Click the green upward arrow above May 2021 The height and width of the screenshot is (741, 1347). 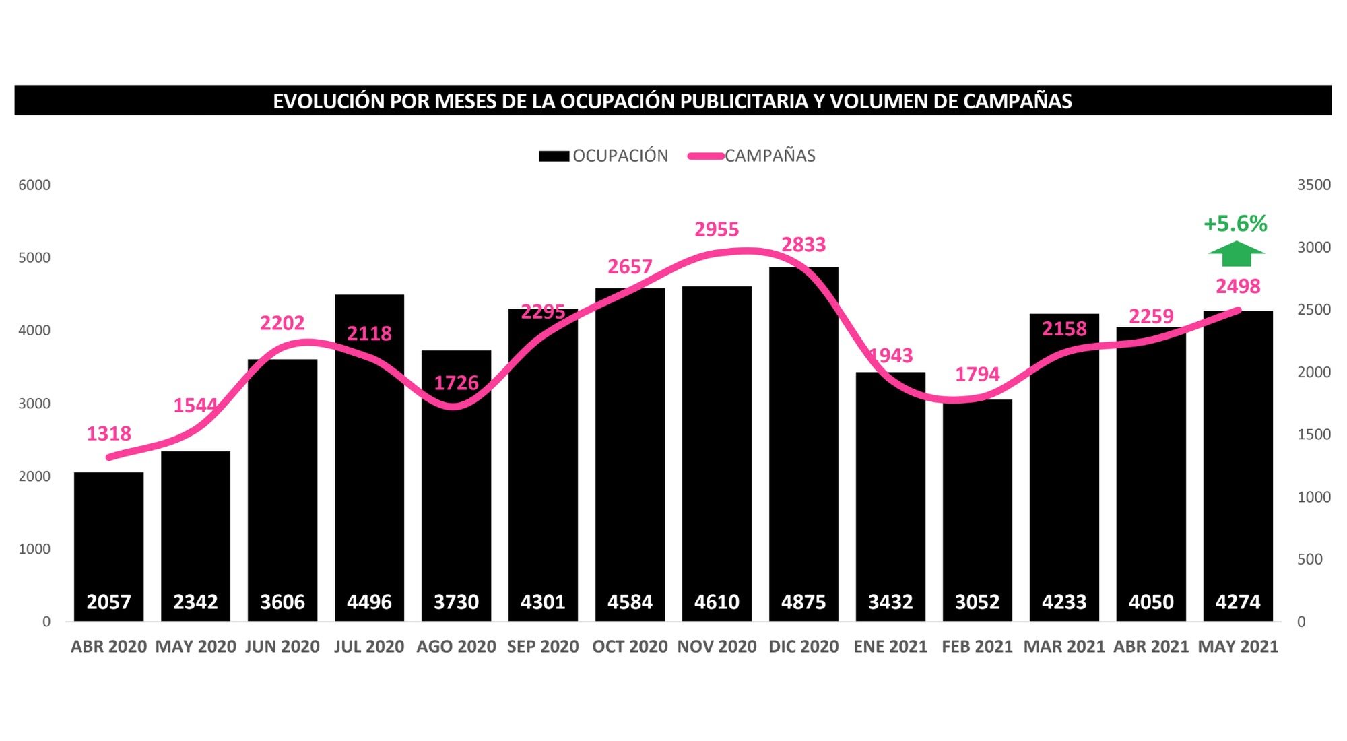pos(1236,254)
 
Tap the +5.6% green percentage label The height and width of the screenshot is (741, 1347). pos(1235,224)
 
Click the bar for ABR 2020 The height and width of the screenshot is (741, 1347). pos(108,539)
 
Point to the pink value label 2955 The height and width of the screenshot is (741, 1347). pos(717,230)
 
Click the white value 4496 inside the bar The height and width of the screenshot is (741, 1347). pos(369,602)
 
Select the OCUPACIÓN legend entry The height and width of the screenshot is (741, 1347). pos(604,156)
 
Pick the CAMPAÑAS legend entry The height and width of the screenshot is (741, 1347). pos(752,156)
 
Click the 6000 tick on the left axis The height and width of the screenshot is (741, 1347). pos(34,185)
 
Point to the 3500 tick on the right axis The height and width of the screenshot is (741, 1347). pos(1313,185)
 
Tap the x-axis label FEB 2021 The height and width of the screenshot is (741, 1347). pos(977,647)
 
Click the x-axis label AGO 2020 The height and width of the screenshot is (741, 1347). pos(456,647)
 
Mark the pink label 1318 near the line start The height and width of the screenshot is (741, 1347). pos(108,434)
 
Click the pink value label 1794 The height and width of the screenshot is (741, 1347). pos(977,375)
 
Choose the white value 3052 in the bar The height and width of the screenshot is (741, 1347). pos(977,602)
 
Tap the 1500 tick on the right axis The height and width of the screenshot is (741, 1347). pos(1313,434)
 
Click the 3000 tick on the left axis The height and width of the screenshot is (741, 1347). pos(34,404)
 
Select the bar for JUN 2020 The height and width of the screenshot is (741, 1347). pos(282,485)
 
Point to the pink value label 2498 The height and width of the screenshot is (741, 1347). pos(1237,286)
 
